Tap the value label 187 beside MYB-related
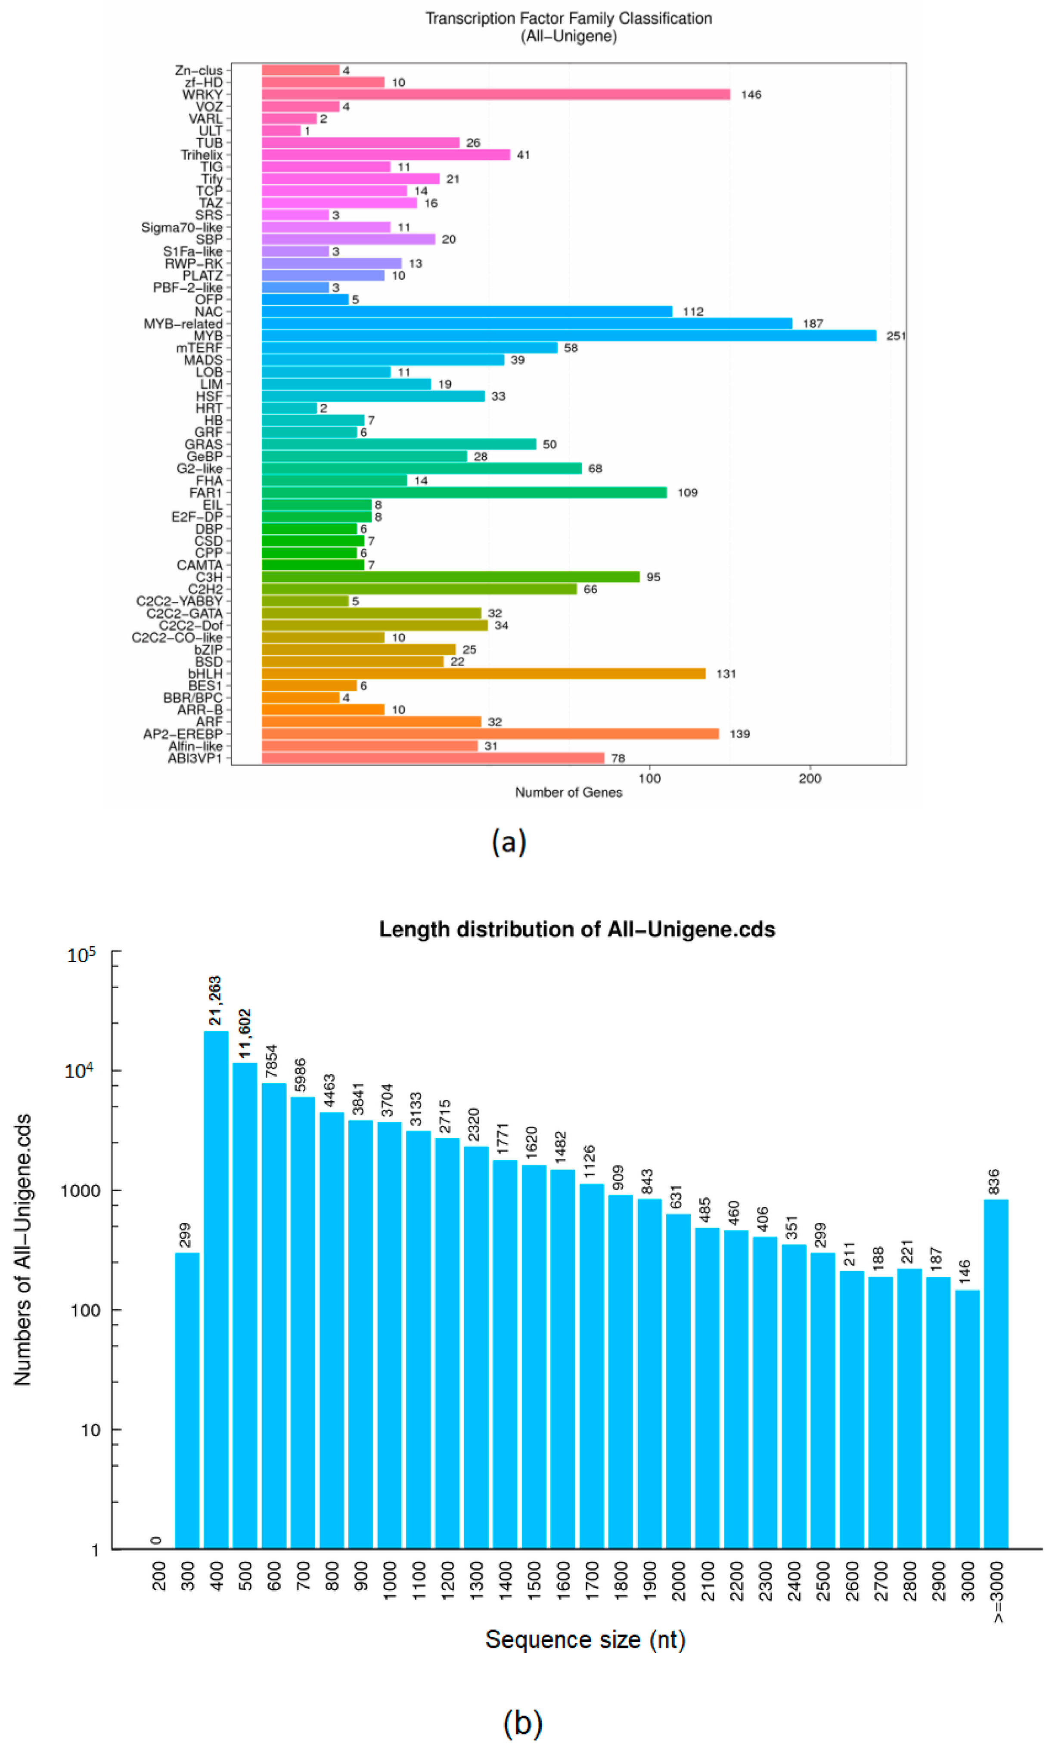coord(813,324)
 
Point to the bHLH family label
coord(205,674)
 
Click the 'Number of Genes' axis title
coord(568,792)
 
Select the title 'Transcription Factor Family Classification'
coord(568,19)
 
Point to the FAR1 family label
coord(205,492)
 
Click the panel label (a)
coord(508,842)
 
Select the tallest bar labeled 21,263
coord(216,1290)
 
